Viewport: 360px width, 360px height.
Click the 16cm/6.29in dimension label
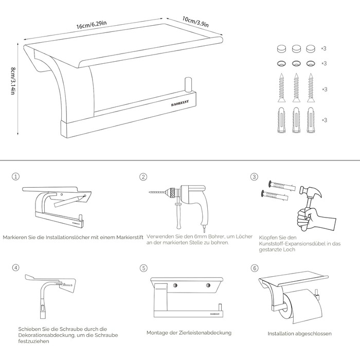(92, 25)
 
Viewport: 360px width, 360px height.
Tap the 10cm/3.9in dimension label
(195, 22)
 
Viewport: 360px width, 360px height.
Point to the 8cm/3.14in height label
(13, 81)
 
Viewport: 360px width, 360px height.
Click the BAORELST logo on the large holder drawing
(180, 103)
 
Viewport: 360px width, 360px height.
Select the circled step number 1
(15, 176)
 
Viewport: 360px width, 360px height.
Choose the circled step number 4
(15, 268)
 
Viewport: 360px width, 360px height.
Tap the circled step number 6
(255, 268)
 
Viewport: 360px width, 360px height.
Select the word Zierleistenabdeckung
(205, 332)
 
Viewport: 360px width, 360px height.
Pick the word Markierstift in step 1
(130, 237)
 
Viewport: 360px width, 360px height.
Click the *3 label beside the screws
(325, 89)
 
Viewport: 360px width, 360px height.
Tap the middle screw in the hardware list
(296, 88)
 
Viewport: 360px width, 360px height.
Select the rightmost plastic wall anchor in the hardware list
(311, 120)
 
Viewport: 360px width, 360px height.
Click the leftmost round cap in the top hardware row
(281, 48)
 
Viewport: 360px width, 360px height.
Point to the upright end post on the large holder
(188, 85)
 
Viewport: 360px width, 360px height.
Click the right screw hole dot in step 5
(208, 285)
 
